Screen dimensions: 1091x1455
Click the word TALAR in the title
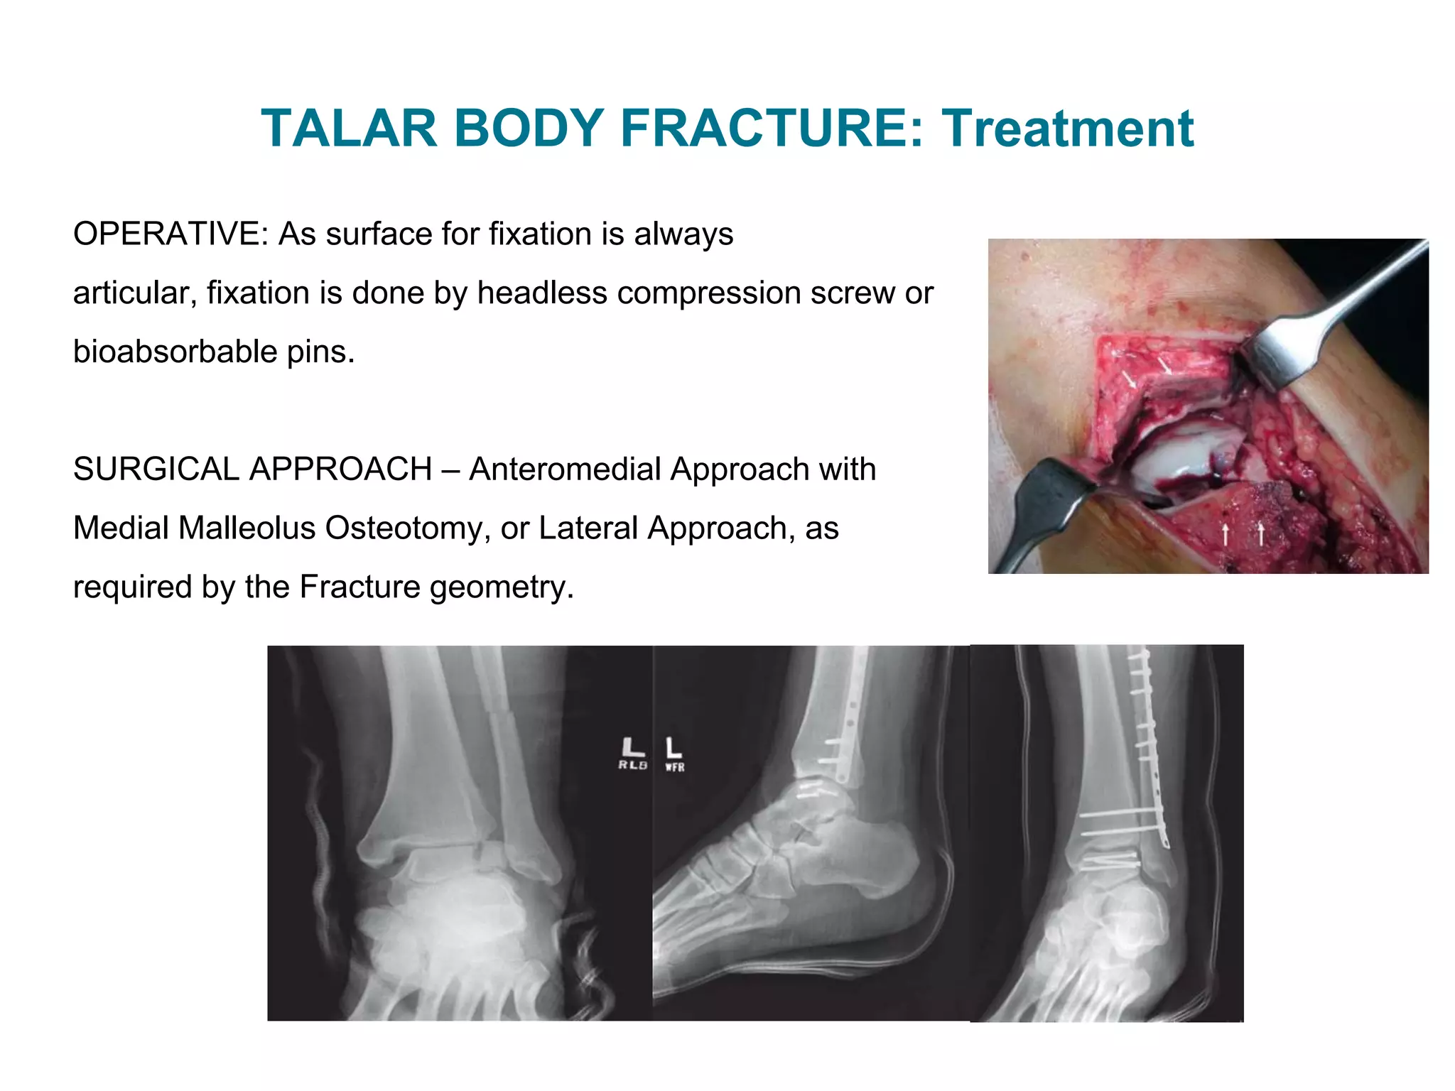(348, 129)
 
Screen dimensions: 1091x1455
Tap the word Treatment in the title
(1068, 129)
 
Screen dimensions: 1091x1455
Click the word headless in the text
(541, 293)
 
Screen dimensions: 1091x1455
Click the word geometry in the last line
(506, 587)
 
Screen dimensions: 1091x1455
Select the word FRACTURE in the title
(772, 129)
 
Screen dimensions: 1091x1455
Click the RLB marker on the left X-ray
(632, 754)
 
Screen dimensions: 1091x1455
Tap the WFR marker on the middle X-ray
(674, 756)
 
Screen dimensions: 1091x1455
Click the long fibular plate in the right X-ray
(1155, 746)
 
